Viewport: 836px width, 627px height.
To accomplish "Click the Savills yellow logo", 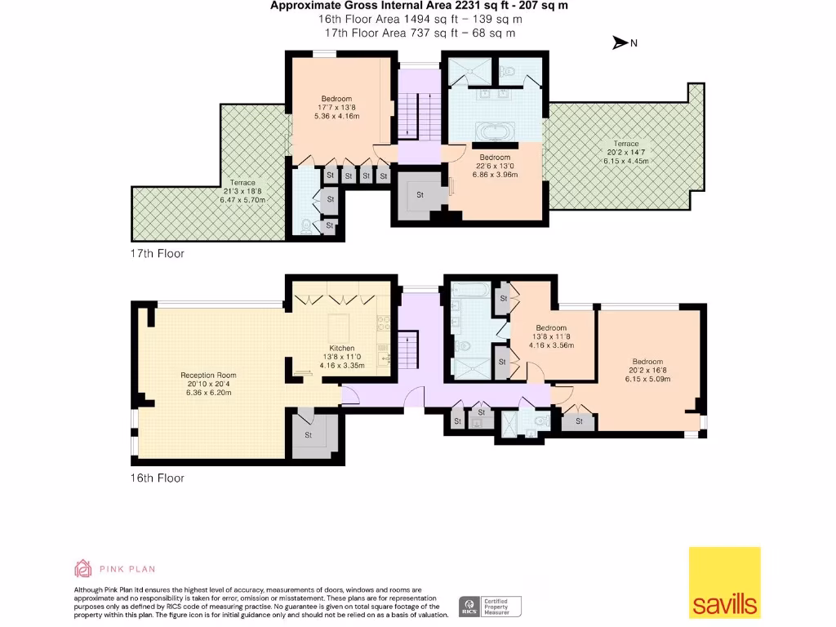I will [724, 581].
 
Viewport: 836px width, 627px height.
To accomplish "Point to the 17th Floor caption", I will [158, 254].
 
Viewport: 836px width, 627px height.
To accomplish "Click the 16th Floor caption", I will [158, 478].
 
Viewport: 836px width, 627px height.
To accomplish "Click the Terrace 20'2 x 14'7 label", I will [627, 152].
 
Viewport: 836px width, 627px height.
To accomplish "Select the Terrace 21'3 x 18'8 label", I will [242, 191].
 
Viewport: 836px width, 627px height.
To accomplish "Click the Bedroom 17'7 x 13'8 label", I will [336, 107].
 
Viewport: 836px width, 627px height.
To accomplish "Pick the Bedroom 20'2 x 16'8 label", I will [647, 370].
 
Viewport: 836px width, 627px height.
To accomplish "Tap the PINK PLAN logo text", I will [127, 569].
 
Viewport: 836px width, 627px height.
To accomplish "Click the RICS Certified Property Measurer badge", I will [490, 606].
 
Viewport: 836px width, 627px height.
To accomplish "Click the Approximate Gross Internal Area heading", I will [420, 5].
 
